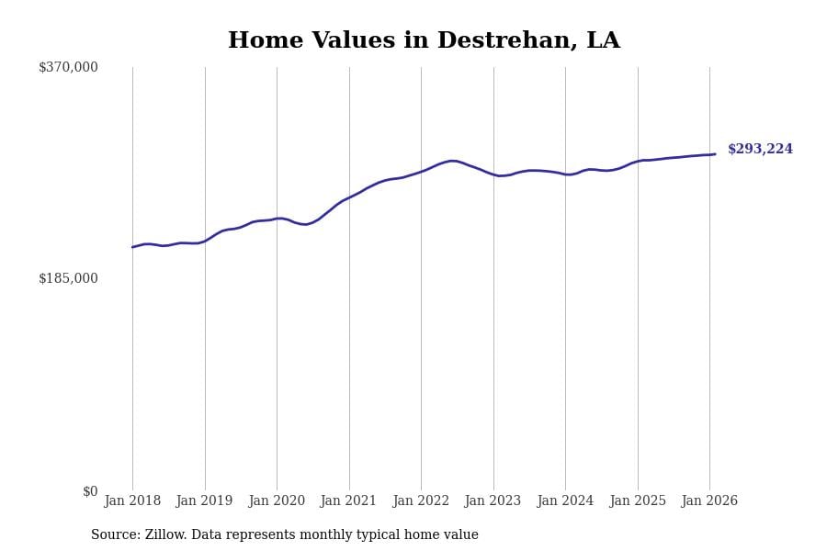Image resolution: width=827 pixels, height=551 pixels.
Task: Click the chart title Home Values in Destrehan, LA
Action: click(424, 41)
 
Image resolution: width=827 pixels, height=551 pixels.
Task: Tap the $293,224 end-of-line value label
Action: click(760, 150)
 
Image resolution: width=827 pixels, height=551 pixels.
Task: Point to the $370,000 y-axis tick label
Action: click(68, 67)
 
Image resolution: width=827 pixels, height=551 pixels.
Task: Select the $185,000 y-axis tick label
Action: click(68, 278)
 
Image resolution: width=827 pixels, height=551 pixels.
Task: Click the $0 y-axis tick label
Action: click(90, 491)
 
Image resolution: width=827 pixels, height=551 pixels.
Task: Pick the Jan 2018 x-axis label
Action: click(132, 501)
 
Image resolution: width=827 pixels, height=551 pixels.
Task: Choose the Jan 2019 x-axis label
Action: click(204, 501)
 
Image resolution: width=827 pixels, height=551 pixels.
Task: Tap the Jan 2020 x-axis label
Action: click(277, 501)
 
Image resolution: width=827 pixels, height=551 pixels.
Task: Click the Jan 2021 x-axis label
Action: click(348, 501)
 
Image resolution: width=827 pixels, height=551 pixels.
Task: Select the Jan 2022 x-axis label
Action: click(421, 501)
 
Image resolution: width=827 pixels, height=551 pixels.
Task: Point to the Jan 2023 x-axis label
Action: click(493, 501)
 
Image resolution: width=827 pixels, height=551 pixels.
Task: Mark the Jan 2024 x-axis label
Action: click(565, 501)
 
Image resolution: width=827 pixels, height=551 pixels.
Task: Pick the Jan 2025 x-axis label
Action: click(638, 501)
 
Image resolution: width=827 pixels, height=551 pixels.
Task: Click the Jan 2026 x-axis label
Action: click(709, 501)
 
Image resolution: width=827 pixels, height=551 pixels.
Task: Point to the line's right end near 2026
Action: click(715, 154)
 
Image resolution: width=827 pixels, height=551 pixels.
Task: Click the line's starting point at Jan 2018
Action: click(132, 247)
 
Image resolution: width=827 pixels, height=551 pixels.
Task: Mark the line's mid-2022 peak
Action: click(452, 161)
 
